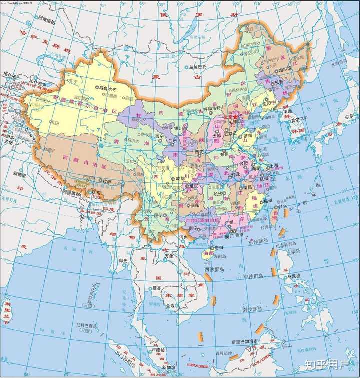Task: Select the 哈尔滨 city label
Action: (284, 69)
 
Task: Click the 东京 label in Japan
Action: (347, 116)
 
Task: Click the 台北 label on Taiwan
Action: (283, 205)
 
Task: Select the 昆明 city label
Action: (158, 215)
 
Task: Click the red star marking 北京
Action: (235, 116)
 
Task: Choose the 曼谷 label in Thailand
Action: (156, 288)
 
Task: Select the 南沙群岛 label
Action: (250, 309)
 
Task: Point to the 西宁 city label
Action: (159, 136)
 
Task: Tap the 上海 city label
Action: (273, 165)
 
